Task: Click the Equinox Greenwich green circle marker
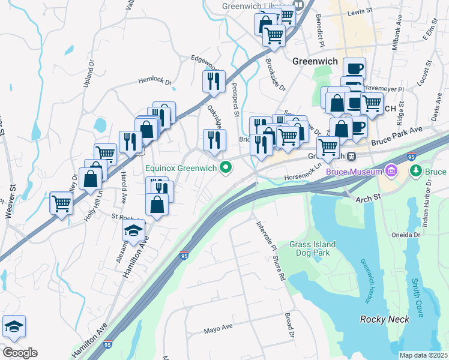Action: pos(226,167)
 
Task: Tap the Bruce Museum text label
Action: pos(354,173)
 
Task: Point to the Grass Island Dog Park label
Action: pos(312,249)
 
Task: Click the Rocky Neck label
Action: pos(385,319)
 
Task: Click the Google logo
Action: pos(19,353)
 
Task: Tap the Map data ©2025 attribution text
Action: pos(423,355)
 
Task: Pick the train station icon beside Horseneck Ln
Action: pos(352,156)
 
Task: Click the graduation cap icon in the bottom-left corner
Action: pos(14,326)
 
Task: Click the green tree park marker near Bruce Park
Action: pos(415,172)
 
